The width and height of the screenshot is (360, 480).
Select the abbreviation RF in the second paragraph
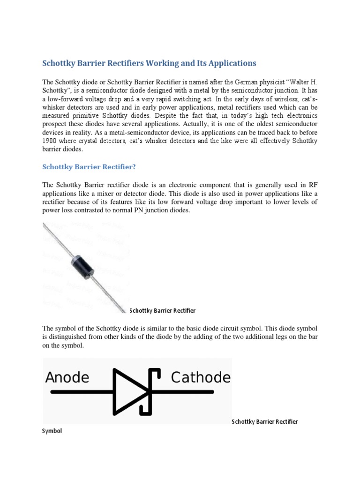[313, 185]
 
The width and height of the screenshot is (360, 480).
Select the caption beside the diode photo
[162, 310]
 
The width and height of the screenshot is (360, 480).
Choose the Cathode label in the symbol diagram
[201, 377]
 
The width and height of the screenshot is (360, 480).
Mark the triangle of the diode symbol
[129, 392]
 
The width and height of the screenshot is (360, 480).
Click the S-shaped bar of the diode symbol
[152, 392]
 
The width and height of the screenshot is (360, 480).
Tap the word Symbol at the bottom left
[52, 431]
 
